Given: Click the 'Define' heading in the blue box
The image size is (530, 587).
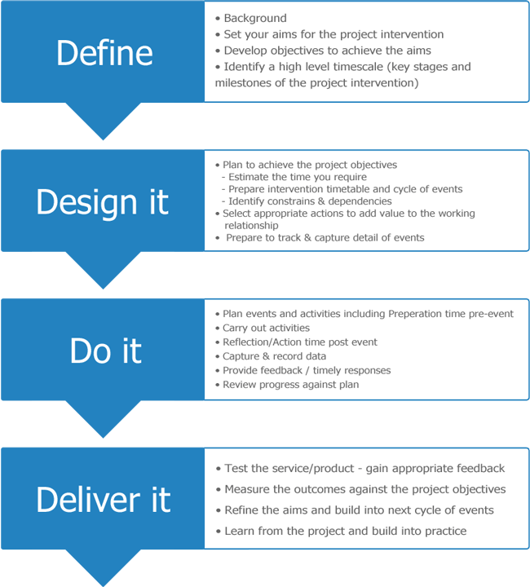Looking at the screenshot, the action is coord(104,53).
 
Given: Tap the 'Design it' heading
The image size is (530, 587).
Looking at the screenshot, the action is coord(102,202).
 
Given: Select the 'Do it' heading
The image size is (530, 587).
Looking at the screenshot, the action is coord(106,351).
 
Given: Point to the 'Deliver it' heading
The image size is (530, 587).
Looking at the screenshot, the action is coord(104,499).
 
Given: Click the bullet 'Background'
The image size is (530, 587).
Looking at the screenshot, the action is coord(255,18).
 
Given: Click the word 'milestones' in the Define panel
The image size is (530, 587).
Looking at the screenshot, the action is coord(244,83).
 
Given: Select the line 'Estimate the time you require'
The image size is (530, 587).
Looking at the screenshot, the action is coord(297,177).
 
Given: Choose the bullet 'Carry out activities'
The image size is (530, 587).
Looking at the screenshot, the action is coord(266,328).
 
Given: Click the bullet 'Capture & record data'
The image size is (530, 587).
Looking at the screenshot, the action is coord(274,356).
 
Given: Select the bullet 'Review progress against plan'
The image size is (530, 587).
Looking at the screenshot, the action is coord(290,385).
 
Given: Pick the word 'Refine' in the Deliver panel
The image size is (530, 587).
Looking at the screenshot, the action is coord(242,510).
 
